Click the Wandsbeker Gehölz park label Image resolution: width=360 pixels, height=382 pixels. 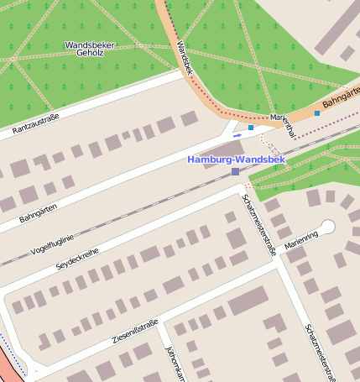pyautogui.click(x=89, y=49)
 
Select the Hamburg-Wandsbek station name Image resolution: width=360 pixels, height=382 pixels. pyautogui.click(x=236, y=159)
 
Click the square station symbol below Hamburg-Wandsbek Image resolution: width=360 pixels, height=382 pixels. pyautogui.click(x=235, y=171)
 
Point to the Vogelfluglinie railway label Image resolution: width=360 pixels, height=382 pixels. pyautogui.click(x=52, y=238)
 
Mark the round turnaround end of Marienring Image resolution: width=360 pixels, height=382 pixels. pyautogui.click(x=327, y=226)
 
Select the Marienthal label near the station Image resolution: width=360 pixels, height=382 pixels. pyautogui.click(x=283, y=123)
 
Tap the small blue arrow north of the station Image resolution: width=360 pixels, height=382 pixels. pyautogui.click(x=237, y=134)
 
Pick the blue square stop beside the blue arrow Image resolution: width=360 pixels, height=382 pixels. pyautogui.click(x=250, y=128)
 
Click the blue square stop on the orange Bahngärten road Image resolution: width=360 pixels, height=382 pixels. pyautogui.click(x=316, y=113)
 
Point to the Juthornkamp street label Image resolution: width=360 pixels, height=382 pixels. pyautogui.click(x=175, y=364)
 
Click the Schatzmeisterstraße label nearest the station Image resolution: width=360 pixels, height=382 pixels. pyautogui.click(x=258, y=223)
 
